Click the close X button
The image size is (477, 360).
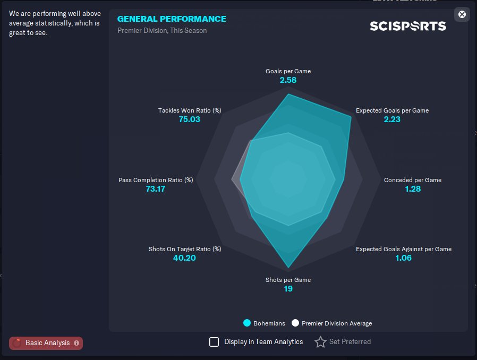coord(462,14)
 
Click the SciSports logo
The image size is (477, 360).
coord(408,26)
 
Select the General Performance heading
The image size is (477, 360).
coord(172,19)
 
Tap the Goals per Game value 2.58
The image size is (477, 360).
coord(288,80)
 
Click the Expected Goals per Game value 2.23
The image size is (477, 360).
coord(392,119)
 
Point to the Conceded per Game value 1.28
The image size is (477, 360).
coord(413,189)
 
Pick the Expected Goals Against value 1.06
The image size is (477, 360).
coord(403,258)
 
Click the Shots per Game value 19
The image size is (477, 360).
coord(288,288)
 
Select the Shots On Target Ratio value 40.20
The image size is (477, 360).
coord(184,258)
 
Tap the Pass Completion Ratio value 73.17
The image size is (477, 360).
coord(156,189)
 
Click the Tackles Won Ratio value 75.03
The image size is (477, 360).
coord(190,119)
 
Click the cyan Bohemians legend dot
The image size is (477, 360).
coord(247,323)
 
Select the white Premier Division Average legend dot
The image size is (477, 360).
coord(295,323)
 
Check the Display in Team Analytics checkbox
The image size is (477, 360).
coord(214,342)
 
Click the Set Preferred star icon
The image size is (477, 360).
coord(320,342)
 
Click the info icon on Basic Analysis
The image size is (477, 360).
coord(76,343)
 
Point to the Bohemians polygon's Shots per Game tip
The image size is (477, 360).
coord(288,268)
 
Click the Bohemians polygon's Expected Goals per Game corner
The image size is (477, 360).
coord(351,116)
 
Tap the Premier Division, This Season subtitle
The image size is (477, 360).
coord(162,30)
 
